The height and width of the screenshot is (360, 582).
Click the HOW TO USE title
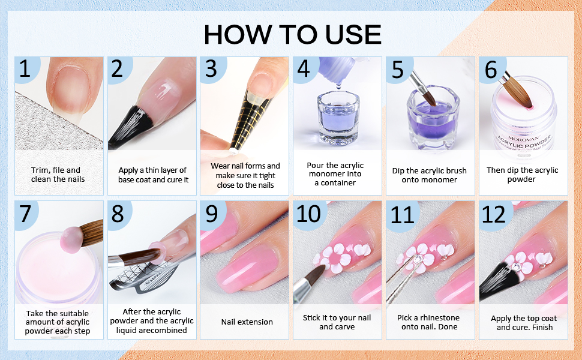(292, 34)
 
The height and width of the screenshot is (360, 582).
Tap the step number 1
(25, 70)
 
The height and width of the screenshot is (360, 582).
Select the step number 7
(25, 214)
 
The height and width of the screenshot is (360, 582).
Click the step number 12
(494, 214)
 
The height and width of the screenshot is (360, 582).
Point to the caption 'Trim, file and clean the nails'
(58, 175)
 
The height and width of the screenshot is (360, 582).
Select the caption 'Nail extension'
(247, 322)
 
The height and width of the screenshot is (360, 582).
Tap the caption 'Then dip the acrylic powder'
(522, 175)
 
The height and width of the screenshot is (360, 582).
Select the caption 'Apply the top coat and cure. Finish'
(524, 322)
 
